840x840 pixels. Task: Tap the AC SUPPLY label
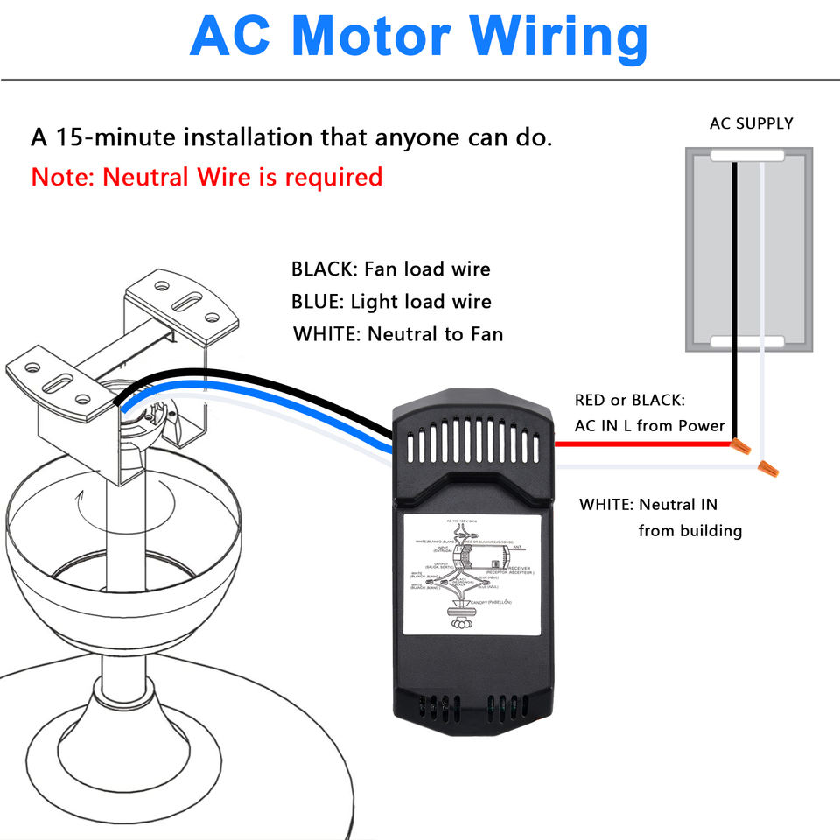tap(751, 123)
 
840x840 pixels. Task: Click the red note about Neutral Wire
tap(206, 177)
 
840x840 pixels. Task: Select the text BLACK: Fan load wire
tap(391, 269)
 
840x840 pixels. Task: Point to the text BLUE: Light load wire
tap(391, 302)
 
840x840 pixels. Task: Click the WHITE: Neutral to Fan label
tap(398, 333)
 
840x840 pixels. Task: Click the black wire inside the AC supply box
tap(734, 262)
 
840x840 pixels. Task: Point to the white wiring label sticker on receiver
tap(472, 572)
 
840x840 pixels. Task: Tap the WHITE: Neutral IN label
tap(648, 505)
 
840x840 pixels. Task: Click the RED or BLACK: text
tap(630, 400)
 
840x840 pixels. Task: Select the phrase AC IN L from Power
tap(649, 426)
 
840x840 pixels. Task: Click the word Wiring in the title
tap(558, 37)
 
